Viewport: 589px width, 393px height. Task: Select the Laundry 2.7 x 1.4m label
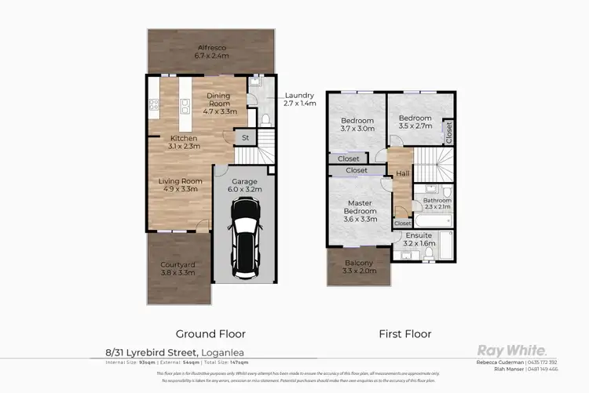click(x=299, y=99)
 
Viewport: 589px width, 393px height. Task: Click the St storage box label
click(x=245, y=137)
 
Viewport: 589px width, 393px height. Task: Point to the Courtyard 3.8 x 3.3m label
click(x=177, y=269)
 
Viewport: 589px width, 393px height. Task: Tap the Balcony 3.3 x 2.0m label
click(x=360, y=267)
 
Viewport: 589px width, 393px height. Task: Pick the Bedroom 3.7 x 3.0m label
click(x=358, y=124)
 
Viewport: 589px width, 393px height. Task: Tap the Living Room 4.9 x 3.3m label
click(x=181, y=185)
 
